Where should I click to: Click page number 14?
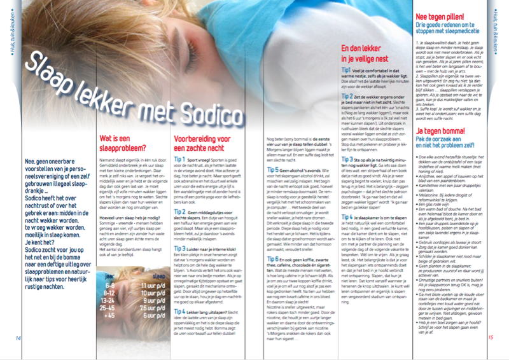pyautogui.click(x=18, y=337)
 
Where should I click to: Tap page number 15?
pyautogui.click(x=491, y=337)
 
